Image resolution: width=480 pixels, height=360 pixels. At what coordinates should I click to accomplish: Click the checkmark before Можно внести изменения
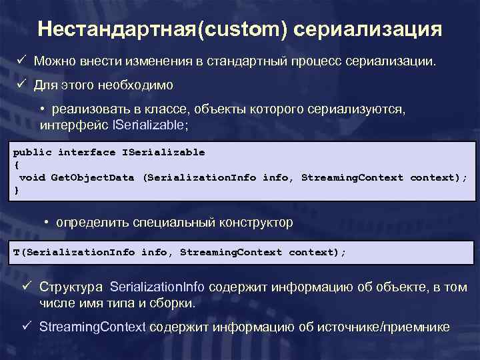(x=21, y=61)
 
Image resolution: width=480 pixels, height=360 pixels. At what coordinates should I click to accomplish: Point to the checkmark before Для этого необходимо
(x=21, y=85)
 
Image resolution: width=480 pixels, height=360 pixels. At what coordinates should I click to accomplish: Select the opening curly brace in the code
(x=16, y=165)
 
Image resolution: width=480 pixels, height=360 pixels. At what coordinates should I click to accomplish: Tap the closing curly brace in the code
(x=16, y=190)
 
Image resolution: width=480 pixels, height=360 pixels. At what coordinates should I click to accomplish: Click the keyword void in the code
(x=32, y=177)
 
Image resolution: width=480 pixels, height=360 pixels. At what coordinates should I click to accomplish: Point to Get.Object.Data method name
(x=93, y=177)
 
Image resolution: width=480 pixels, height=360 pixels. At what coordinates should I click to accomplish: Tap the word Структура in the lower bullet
(x=71, y=287)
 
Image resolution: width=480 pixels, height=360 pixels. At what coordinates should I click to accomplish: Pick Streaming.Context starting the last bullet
(x=93, y=327)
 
